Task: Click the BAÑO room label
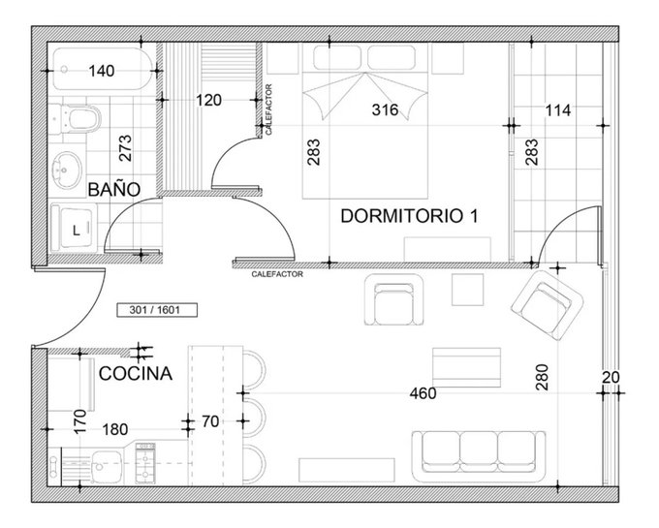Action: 114,190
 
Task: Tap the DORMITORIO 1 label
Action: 409,216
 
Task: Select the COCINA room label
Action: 136,373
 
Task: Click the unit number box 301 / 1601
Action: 157,310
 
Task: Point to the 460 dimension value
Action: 423,393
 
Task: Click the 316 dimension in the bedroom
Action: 385,110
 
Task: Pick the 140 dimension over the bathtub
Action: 102,71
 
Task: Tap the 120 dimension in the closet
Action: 209,101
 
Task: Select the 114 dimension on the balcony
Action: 557,110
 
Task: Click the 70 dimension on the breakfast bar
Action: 210,421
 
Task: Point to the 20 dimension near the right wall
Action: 611,378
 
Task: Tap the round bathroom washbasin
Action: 67,170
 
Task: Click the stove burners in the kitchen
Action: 145,463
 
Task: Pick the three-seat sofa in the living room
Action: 479,456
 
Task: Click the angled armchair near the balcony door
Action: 548,306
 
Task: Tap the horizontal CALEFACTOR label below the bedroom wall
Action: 277,274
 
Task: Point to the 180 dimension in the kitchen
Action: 115,429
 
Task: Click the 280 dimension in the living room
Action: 542,377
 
